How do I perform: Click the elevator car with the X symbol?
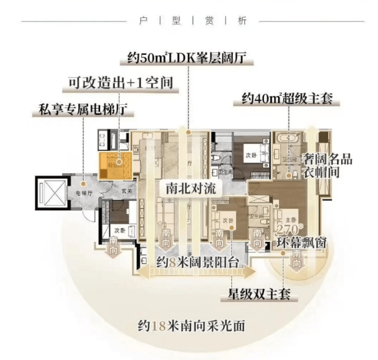tap(51, 193)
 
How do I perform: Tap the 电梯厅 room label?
tap(83, 193)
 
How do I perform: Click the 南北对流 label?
tap(191, 188)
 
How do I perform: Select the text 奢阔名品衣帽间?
tap(327, 165)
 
